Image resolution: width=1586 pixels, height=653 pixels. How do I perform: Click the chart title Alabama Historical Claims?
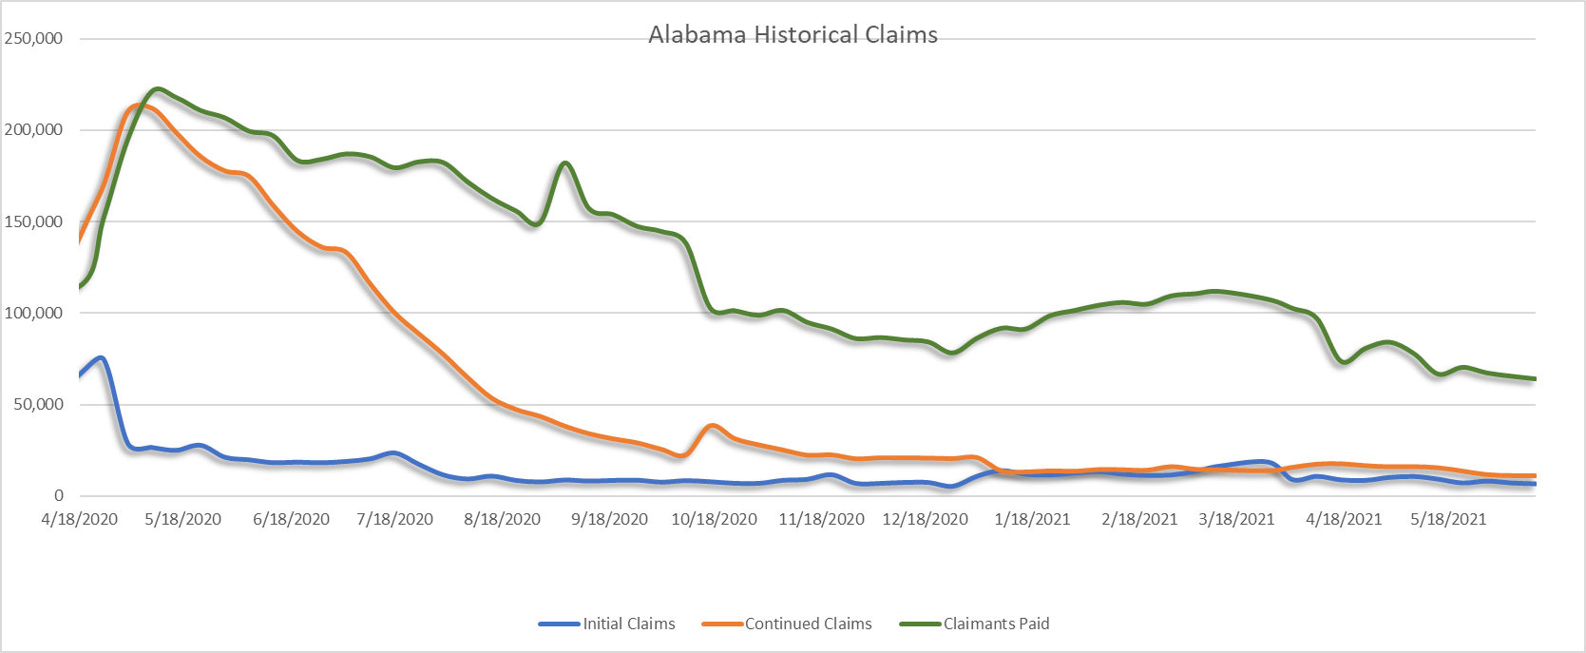click(793, 35)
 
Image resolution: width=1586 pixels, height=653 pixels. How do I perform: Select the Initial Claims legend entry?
click(607, 624)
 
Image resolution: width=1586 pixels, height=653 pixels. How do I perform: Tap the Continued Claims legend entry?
click(787, 624)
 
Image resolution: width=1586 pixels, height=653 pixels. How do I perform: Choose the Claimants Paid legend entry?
click(974, 624)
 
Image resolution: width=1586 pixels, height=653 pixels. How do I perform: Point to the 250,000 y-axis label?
click(33, 38)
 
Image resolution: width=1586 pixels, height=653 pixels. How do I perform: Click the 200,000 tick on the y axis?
click(33, 129)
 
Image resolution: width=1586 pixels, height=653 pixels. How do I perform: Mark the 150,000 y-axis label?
click(33, 221)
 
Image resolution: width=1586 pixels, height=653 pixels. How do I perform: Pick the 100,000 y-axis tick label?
click(33, 313)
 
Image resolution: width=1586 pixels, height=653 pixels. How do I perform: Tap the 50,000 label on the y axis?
click(38, 404)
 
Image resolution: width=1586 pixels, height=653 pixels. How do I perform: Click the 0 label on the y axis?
click(59, 496)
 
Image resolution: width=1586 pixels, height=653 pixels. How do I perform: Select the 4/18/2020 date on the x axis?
click(79, 519)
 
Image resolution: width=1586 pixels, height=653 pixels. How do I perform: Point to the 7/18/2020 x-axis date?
click(394, 519)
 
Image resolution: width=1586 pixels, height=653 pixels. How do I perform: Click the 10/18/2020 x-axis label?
click(714, 519)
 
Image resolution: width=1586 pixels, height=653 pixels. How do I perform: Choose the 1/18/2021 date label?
click(1032, 519)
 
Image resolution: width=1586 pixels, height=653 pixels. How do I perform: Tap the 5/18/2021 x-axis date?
click(1448, 519)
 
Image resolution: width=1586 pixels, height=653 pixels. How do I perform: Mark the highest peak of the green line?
click(157, 89)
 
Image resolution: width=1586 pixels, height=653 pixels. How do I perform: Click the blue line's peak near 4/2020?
click(102, 358)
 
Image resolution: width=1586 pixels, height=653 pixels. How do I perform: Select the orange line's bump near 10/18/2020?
click(713, 426)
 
